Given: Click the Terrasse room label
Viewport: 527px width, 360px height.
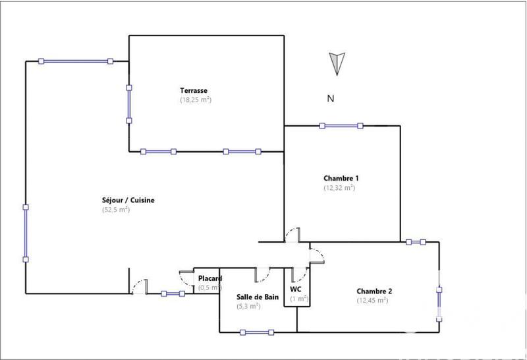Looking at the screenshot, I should point(194,90).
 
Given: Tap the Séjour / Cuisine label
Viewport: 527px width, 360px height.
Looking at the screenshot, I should point(128,200).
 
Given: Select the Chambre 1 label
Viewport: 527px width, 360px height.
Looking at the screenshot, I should point(341,178).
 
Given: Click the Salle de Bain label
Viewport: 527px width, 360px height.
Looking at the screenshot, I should point(258,297).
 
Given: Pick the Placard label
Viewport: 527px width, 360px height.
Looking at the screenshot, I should point(210,278).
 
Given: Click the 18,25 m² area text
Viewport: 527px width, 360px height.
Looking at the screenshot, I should point(195,100).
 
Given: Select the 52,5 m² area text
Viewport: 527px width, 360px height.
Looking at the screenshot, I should point(115,210).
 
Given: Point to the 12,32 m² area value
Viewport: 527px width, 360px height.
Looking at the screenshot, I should point(339,188).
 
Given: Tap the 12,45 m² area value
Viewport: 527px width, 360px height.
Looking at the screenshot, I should point(372,301).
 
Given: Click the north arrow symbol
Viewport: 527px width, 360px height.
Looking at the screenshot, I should point(337,63).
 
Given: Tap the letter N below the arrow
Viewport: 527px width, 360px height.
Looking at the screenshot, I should point(331,99).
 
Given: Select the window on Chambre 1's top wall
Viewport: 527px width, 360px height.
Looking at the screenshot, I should point(341,125).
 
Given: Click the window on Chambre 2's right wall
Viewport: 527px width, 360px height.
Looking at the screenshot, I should point(439,303).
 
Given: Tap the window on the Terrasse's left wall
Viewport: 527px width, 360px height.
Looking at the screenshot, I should point(129,103).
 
